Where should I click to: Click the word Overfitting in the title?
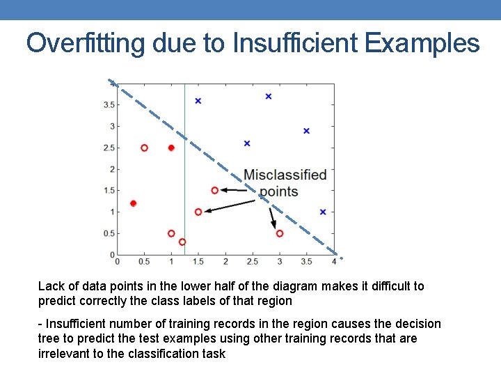pyautogui.click(x=85, y=43)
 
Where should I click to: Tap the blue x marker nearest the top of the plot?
pyautogui.click(x=269, y=96)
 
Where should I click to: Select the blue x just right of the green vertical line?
pyautogui.click(x=198, y=101)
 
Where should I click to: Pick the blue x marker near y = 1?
pyautogui.click(x=323, y=212)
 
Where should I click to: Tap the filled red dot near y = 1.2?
pyautogui.click(x=133, y=203)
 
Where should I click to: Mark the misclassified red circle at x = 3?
pyautogui.click(x=279, y=233)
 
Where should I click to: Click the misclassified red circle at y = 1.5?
pyautogui.click(x=214, y=190)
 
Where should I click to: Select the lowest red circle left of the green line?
pyautogui.click(x=182, y=242)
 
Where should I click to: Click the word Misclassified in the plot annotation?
pyautogui.click(x=285, y=175)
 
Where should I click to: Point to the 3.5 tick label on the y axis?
pyautogui.click(x=108, y=105)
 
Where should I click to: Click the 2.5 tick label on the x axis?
pyautogui.click(x=252, y=262)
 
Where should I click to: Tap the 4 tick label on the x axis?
pyautogui.click(x=334, y=262)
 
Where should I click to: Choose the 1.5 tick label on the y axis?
pyautogui.click(x=108, y=190)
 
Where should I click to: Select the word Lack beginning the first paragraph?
pyautogui.click(x=51, y=286)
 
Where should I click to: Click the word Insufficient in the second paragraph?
pyautogui.click(x=77, y=324)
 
